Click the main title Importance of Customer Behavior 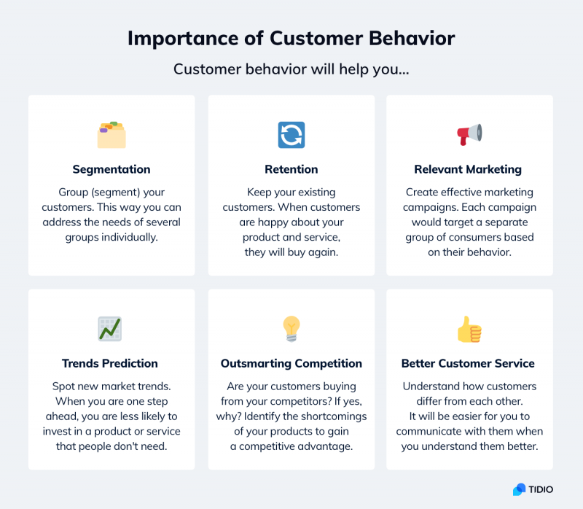[x=291, y=39]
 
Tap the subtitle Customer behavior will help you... [x=291, y=71]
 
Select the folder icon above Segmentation [x=111, y=135]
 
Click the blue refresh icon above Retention [x=291, y=135]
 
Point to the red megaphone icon [x=469, y=134]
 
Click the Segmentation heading [x=111, y=169]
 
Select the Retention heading [x=291, y=169]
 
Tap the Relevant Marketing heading [x=468, y=169]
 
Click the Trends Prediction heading [x=110, y=363]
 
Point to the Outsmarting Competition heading [x=291, y=363]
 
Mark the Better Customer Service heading [x=468, y=363]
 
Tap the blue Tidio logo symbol [x=520, y=489]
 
